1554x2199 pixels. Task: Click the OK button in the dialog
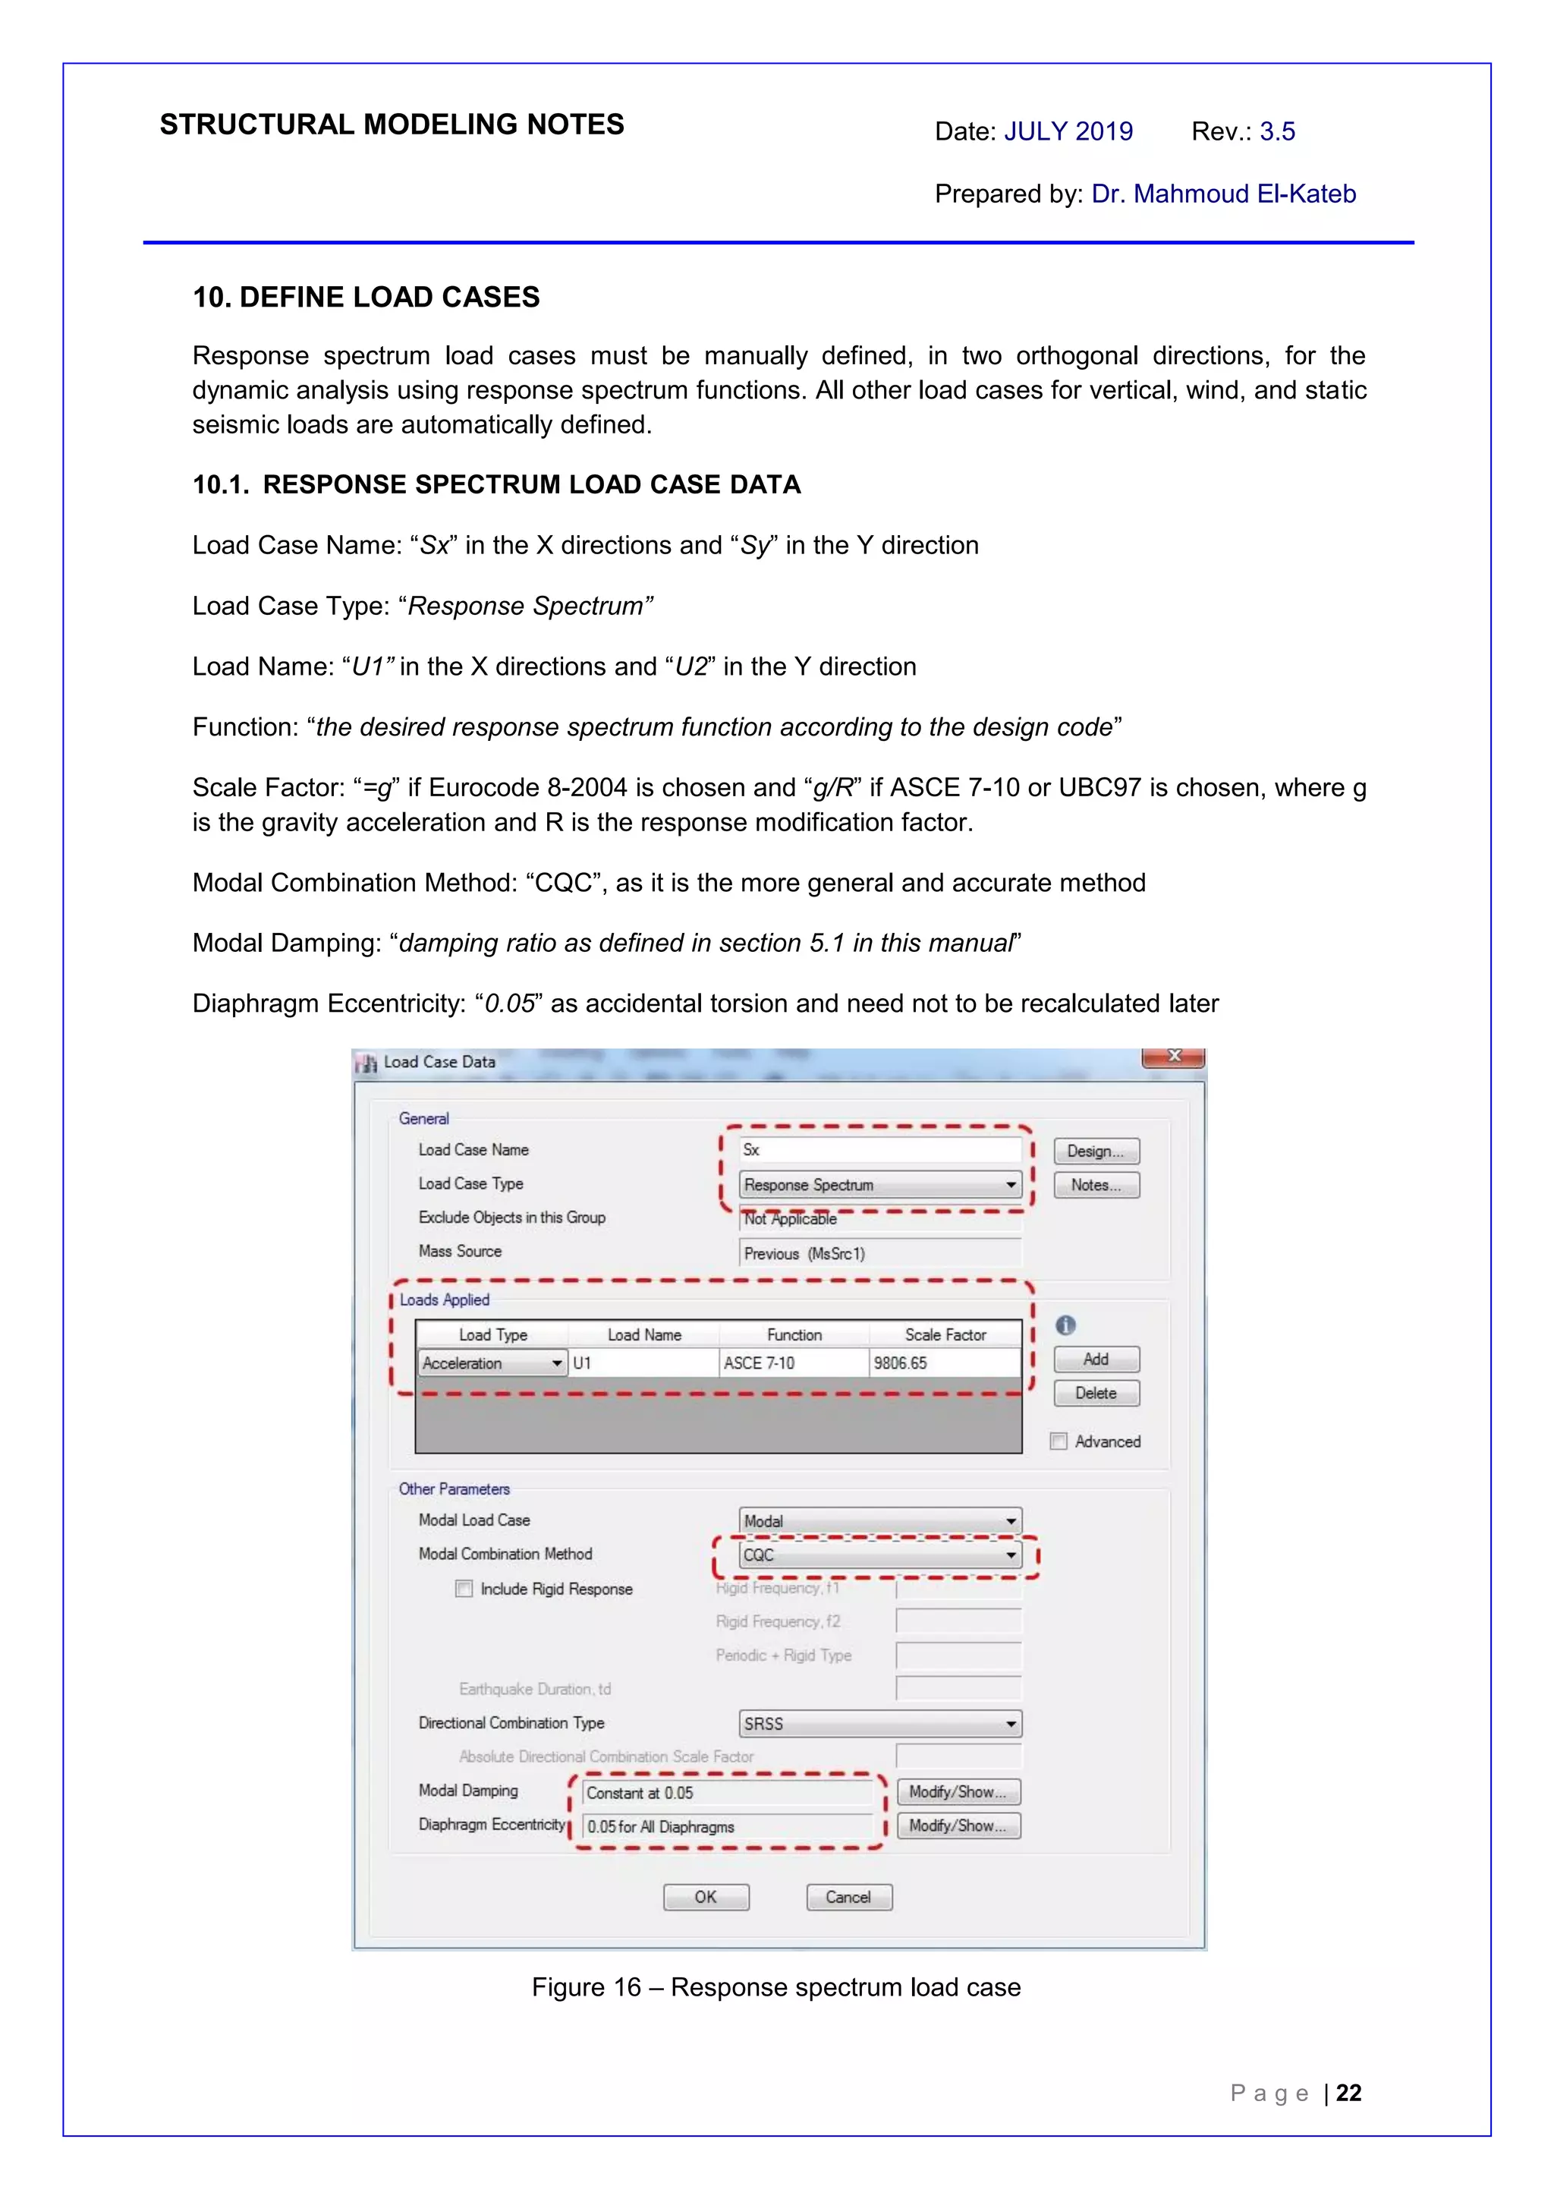click(x=706, y=1896)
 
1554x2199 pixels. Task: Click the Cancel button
click(x=848, y=1896)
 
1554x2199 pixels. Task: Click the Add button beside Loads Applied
click(x=1096, y=1359)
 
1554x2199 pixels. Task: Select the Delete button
click(x=1096, y=1393)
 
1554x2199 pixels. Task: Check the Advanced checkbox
click(x=1059, y=1441)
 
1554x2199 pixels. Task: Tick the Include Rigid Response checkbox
click(x=464, y=1589)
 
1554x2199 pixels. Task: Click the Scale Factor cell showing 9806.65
click(x=943, y=1363)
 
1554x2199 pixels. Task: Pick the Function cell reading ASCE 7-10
click(x=793, y=1363)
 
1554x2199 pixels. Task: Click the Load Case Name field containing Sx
click(x=879, y=1149)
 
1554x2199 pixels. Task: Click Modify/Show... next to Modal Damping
click(x=958, y=1791)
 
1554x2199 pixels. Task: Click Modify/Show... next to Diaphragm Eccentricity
click(x=958, y=1826)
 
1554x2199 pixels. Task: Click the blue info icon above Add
click(x=1065, y=1325)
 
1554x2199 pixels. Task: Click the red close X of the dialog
click(x=1173, y=1057)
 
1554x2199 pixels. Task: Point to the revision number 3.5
click(x=1277, y=131)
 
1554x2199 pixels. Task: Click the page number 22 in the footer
click(x=1348, y=2093)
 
